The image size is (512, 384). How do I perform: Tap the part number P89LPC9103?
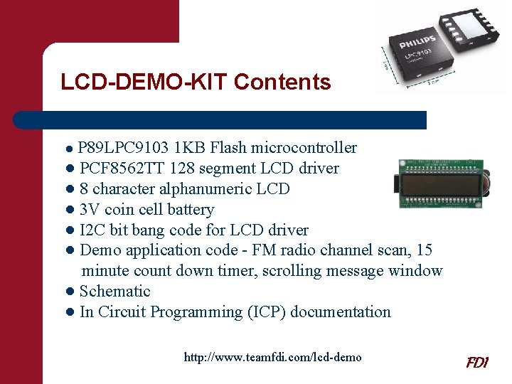[123, 148]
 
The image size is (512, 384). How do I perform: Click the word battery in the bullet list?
[191, 210]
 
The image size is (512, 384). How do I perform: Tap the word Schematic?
[115, 292]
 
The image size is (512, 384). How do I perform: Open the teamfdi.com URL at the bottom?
[272, 357]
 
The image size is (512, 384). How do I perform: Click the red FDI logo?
[476, 362]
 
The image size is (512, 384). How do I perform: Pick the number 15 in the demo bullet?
[424, 250]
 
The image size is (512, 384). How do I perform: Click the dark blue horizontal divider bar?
[220, 119]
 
